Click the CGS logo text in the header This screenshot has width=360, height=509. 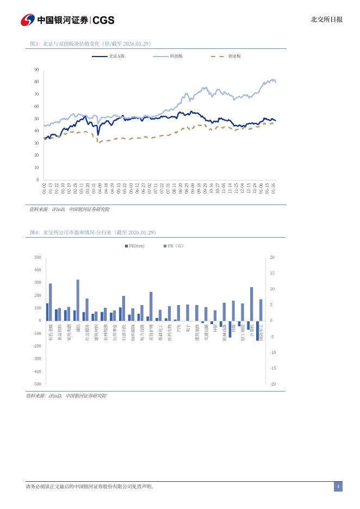[104, 20]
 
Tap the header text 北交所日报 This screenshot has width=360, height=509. [326, 20]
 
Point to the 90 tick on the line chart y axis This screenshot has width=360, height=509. [36, 70]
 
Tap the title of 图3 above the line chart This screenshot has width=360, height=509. [90, 44]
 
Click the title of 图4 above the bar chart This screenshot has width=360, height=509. [93, 232]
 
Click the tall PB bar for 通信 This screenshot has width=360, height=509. [78, 300]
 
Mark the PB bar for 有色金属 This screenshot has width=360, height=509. [51, 302]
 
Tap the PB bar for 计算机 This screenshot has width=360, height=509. [252, 303]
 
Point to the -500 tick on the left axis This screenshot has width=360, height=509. [37, 384]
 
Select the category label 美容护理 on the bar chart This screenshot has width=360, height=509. [151, 332]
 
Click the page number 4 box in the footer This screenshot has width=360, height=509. [338, 487]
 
